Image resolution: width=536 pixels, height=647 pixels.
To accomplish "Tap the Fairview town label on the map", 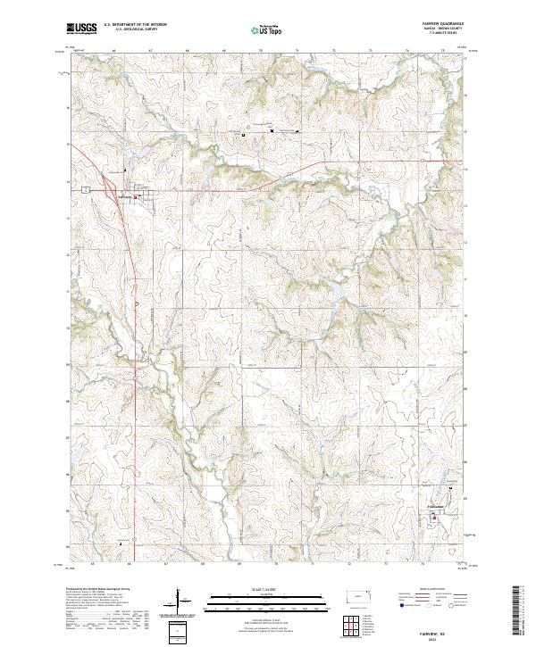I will tap(124, 196).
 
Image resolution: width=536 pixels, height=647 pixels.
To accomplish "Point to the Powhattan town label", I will tap(437, 506).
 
